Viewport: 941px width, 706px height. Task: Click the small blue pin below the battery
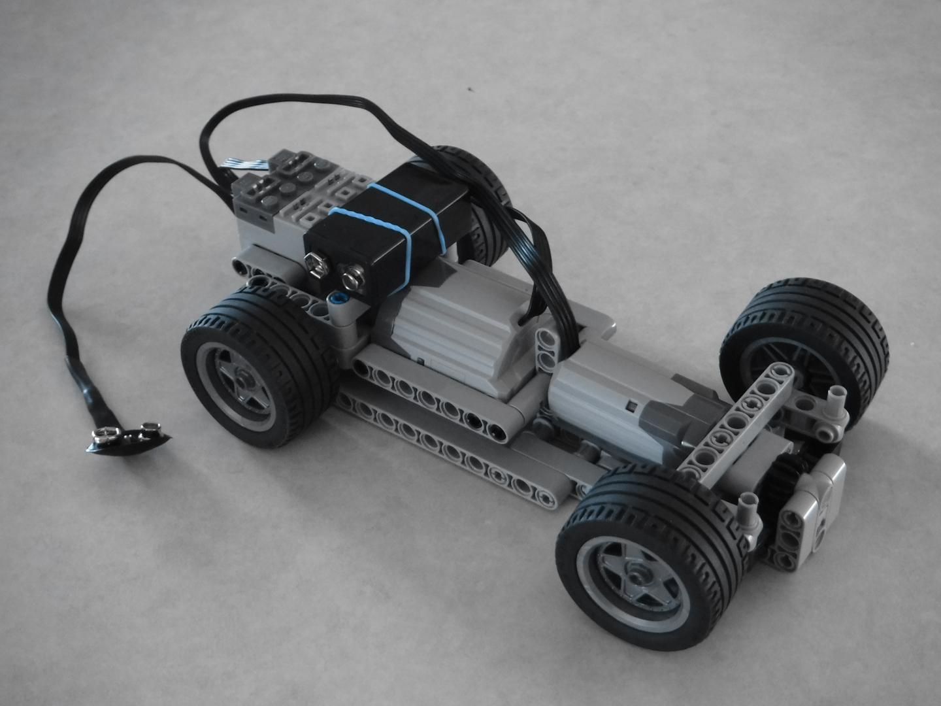pyautogui.click(x=338, y=299)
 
